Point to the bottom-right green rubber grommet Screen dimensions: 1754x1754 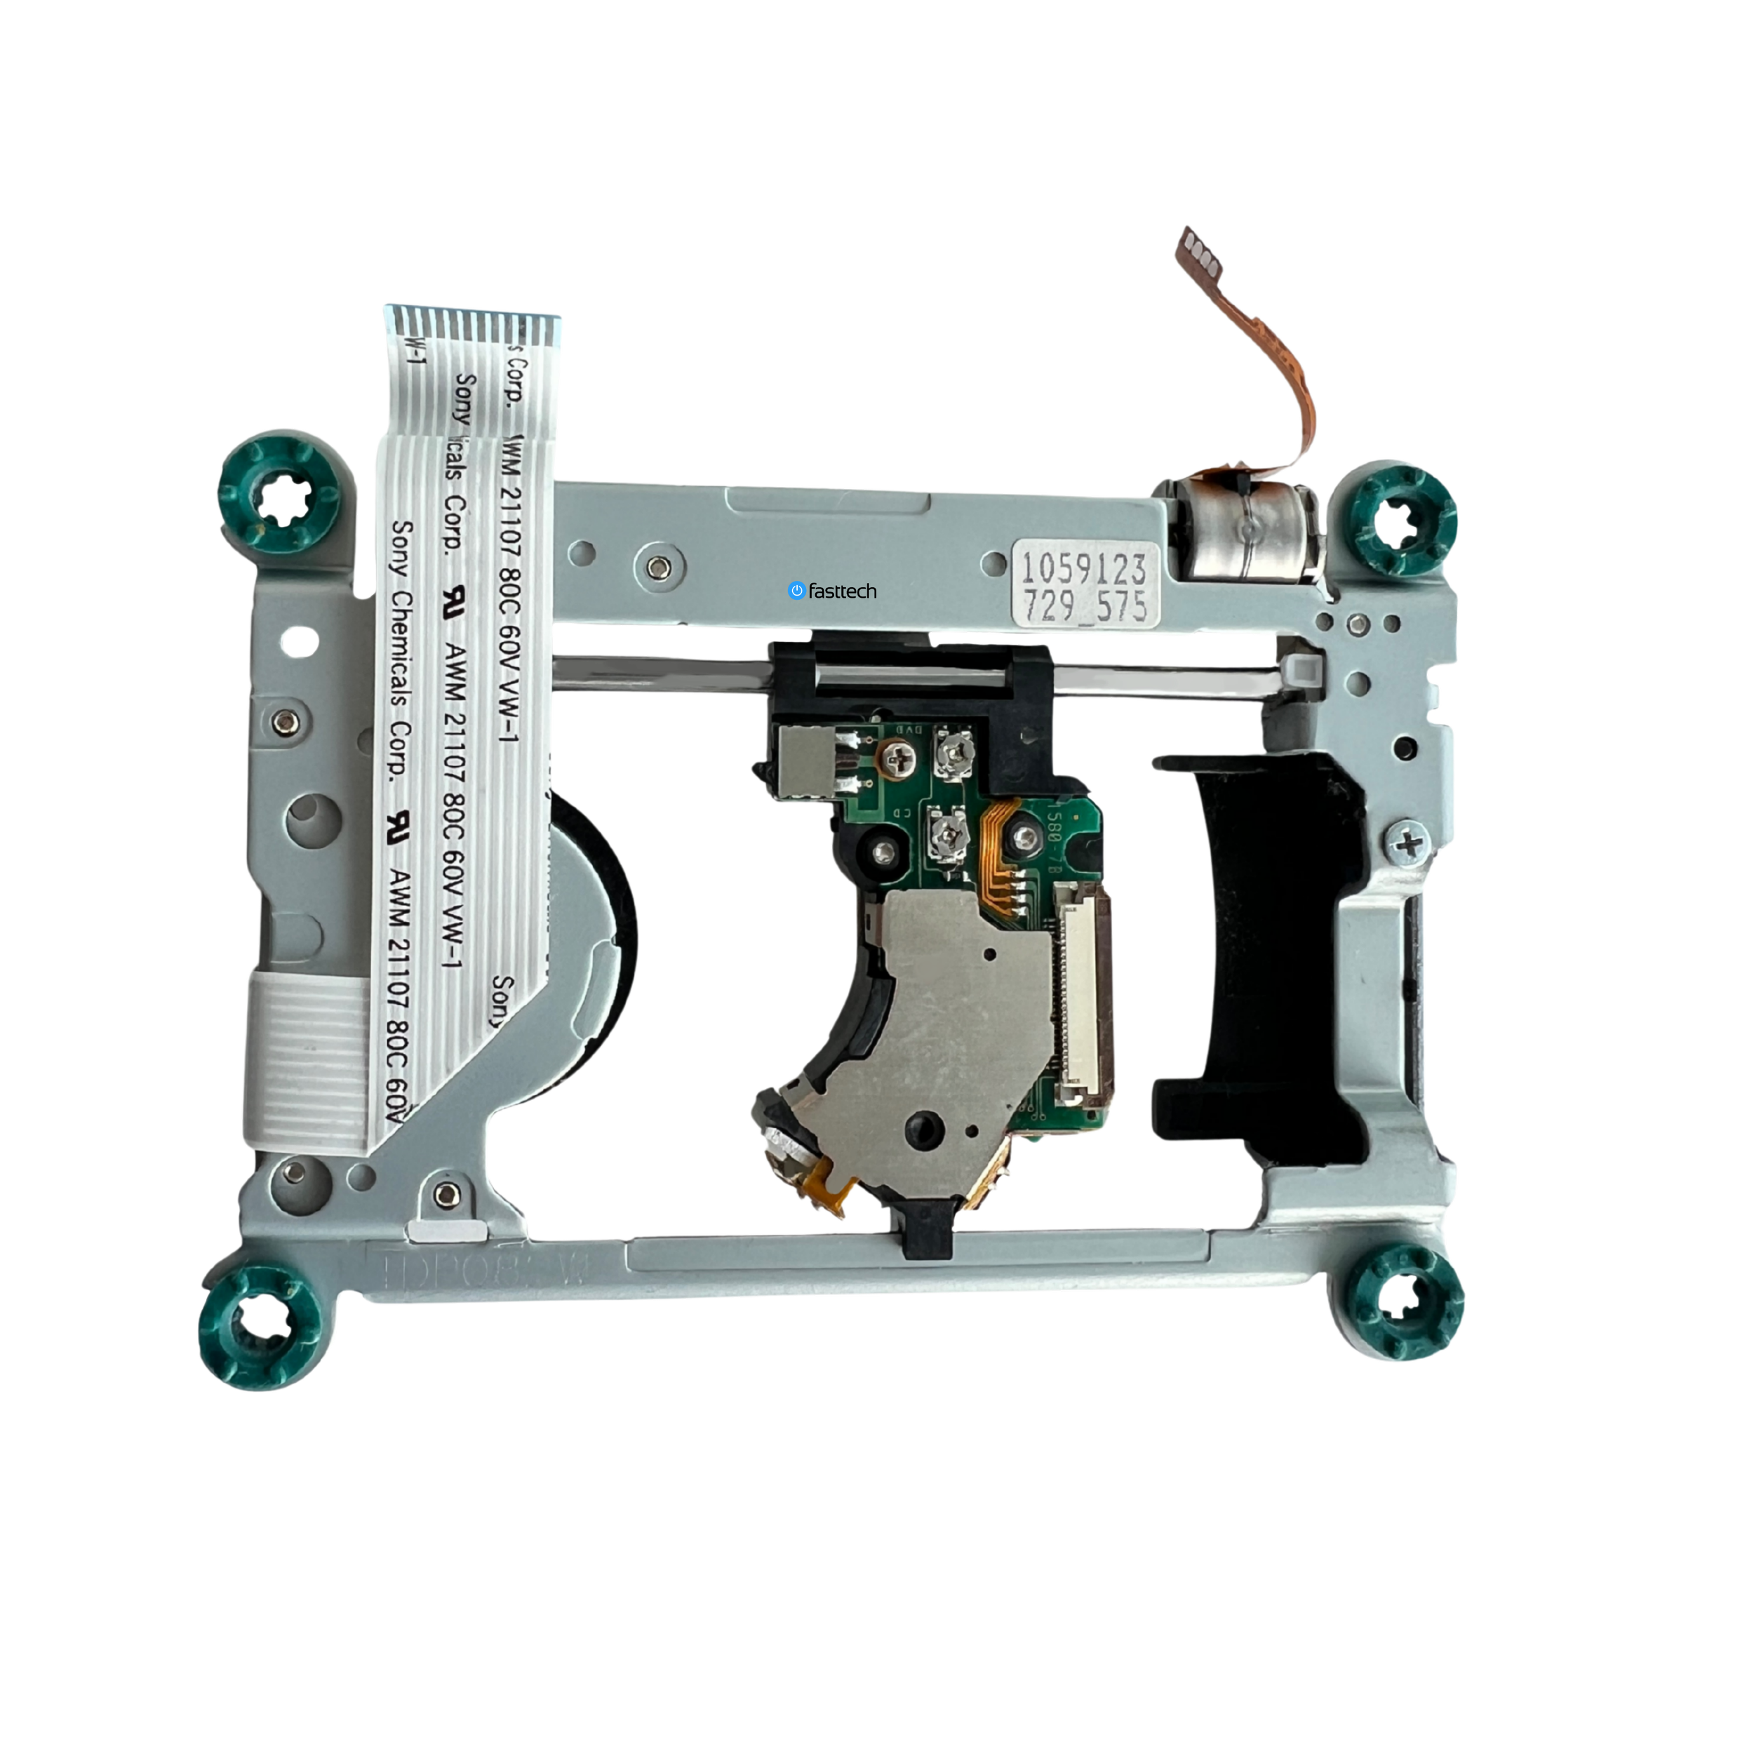[1402, 1302]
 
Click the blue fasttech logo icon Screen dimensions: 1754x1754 [797, 591]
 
